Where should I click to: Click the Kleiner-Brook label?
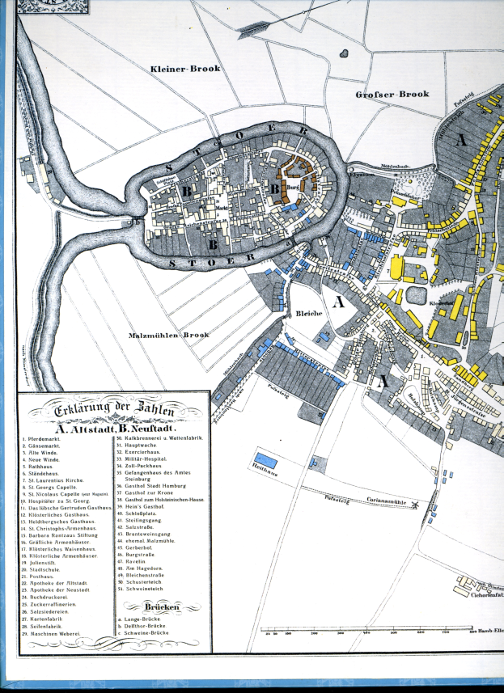(x=185, y=69)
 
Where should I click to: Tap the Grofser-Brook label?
(x=392, y=95)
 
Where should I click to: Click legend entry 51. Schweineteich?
(x=148, y=589)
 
